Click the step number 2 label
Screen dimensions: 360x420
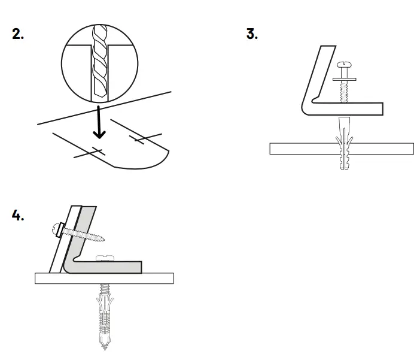coord(19,34)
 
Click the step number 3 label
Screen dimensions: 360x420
coord(252,34)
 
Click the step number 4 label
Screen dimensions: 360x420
coord(19,216)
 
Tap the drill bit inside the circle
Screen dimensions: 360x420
coord(99,63)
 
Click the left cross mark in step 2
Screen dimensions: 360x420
coord(89,150)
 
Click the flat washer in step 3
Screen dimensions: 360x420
coord(343,78)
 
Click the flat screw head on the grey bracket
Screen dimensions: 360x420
coord(106,258)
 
